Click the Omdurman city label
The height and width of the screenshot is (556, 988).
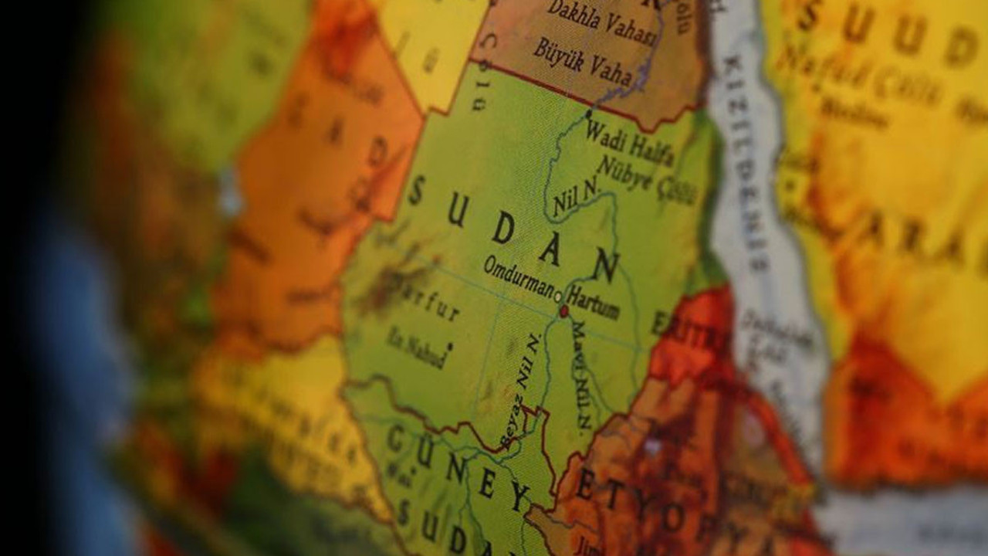pos(519,275)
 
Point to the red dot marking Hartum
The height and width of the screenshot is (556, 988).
pos(563,310)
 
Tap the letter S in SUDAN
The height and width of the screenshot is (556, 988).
pos(416,189)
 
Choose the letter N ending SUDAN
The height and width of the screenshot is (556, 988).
pos(607,266)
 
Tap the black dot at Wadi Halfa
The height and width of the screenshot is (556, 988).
pos(588,114)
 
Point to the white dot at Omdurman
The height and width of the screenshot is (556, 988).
pos(558,294)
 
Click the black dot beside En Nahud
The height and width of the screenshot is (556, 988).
pos(449,347)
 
